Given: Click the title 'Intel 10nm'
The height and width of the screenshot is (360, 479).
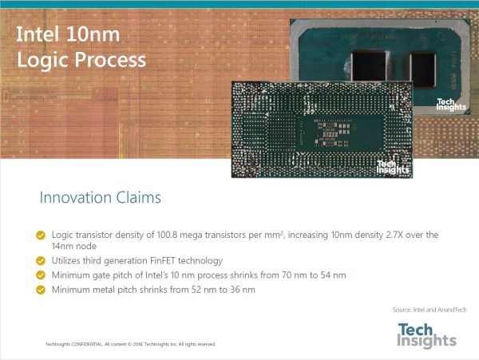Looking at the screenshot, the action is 68,34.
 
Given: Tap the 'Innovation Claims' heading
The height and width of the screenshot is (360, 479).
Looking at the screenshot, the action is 101,197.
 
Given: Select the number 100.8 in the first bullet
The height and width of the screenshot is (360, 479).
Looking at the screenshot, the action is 167,235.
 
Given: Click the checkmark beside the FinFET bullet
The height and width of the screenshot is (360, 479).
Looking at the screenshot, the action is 41,261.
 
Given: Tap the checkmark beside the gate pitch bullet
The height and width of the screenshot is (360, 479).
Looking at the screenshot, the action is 41,275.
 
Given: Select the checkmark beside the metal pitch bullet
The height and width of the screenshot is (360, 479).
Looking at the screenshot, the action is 41,290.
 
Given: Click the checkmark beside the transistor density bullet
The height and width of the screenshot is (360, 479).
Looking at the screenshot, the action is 41,235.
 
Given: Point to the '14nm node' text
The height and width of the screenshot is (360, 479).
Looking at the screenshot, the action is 74,246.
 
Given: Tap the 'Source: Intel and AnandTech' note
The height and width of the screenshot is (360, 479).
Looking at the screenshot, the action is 430,310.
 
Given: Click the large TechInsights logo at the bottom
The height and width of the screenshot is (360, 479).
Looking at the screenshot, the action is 427,335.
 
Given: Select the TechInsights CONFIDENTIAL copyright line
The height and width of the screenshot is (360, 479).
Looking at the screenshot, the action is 130,344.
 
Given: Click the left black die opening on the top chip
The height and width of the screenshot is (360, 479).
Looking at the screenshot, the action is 369,66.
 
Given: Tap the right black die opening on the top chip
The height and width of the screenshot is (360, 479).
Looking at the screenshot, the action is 423,70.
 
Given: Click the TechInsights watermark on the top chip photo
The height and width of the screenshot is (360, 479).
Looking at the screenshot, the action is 451,105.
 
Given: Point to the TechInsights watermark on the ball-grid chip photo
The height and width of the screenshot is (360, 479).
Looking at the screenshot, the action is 393,168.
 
